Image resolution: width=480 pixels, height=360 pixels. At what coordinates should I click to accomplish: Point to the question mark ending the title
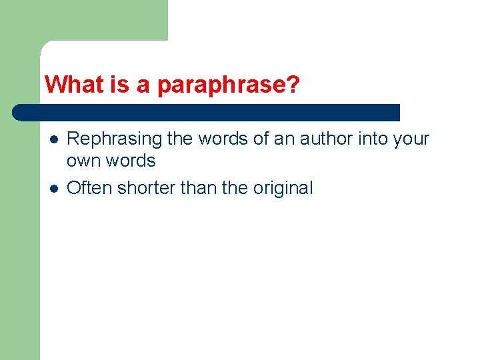point(293,85)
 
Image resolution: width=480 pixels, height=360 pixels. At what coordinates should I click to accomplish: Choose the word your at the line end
point(415,139)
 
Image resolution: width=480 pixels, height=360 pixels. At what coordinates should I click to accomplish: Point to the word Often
point(90,188)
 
